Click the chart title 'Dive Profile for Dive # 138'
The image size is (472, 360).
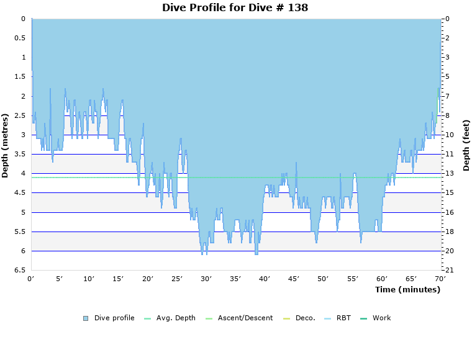click(x=235, y=7)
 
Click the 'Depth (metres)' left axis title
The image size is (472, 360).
click(x=6, y=145)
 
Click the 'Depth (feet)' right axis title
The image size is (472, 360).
click(x=466, y=145)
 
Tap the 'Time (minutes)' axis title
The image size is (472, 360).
click(x=407, y=290)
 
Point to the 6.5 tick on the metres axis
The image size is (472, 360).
click(x=20, y=271)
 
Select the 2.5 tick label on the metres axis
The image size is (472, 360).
click(x=20, y=115)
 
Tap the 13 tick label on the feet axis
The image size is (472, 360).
click(x=450, y=174)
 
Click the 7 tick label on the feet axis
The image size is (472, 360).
click(x=448, y=96)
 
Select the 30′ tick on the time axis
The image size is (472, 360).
click(x=206, y=279)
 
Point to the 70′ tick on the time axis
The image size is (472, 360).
click(x=440, y=279)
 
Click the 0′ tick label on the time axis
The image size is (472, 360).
click(x=31, y=279)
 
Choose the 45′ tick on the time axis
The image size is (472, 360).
click(x=294, y=279)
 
